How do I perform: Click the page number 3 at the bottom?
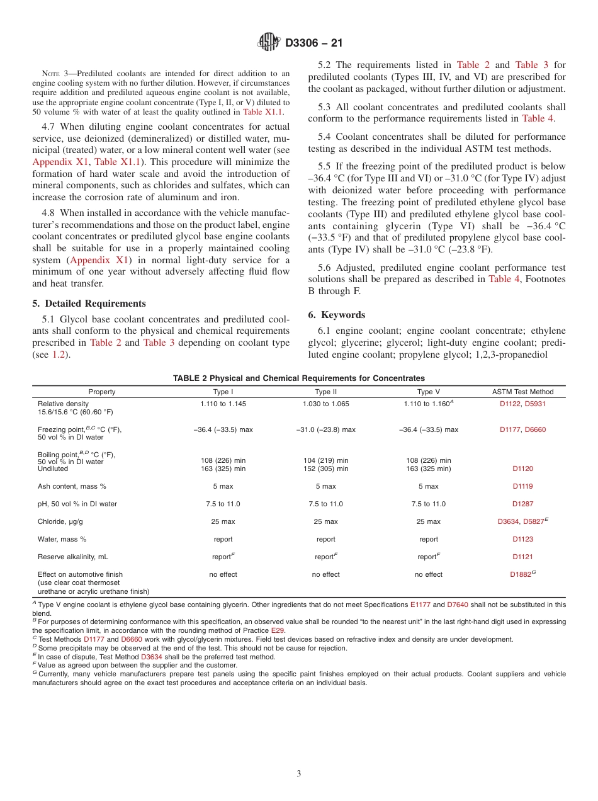pos(299,774)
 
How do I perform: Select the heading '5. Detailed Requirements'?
pos(89,304)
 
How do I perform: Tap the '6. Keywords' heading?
pos(337,315)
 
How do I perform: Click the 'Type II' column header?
pos(325,392)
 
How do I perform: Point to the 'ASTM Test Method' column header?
pos(522,392)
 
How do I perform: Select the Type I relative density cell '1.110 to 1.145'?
pos(223,404)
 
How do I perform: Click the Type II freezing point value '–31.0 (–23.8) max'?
pos(325,429)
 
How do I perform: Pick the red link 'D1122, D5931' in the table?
pos(522,404)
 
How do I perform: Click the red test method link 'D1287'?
pos(522,504)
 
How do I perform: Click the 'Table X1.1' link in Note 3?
pos(262,112)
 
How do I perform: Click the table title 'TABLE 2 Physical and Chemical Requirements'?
pos(298,378)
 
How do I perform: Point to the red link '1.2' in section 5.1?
pos(58,355)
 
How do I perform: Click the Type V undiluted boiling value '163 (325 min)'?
pos(428,469)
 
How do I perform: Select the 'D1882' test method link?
pos(521,575)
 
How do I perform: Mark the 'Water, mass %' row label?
pos(62,539)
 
